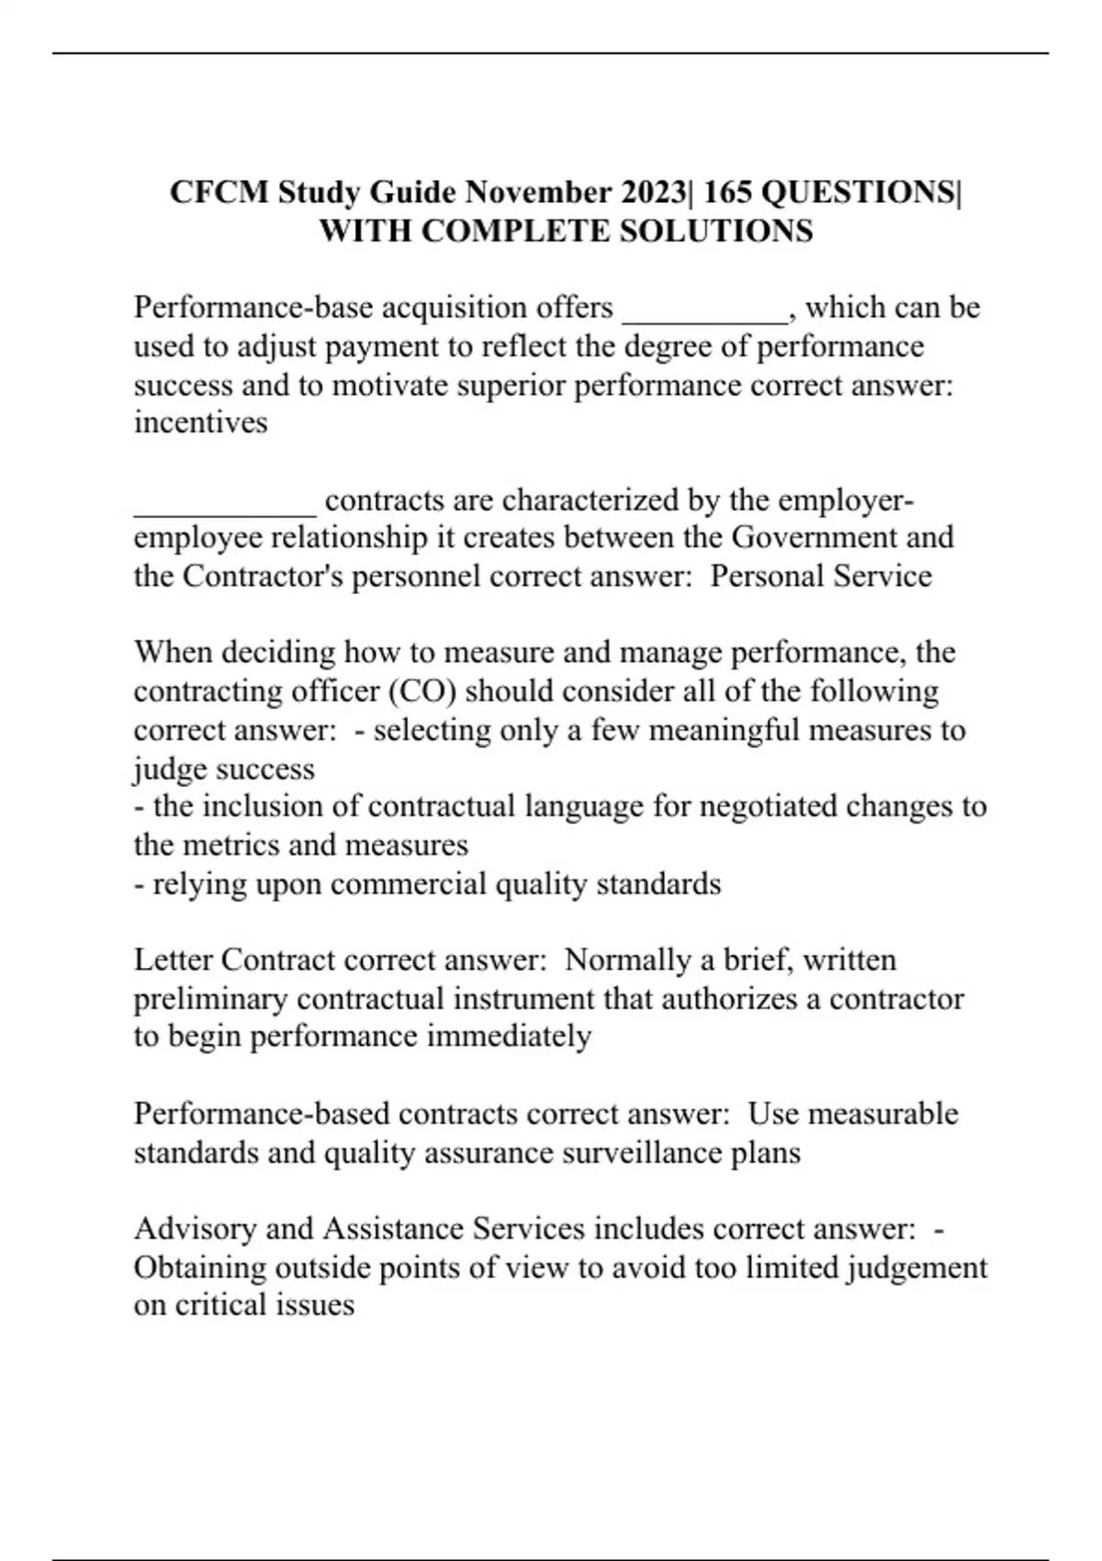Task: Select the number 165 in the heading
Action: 728,193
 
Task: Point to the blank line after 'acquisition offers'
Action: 704,312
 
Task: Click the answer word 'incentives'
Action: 200,423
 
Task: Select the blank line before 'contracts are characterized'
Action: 225,506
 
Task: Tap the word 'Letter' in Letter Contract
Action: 174,960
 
